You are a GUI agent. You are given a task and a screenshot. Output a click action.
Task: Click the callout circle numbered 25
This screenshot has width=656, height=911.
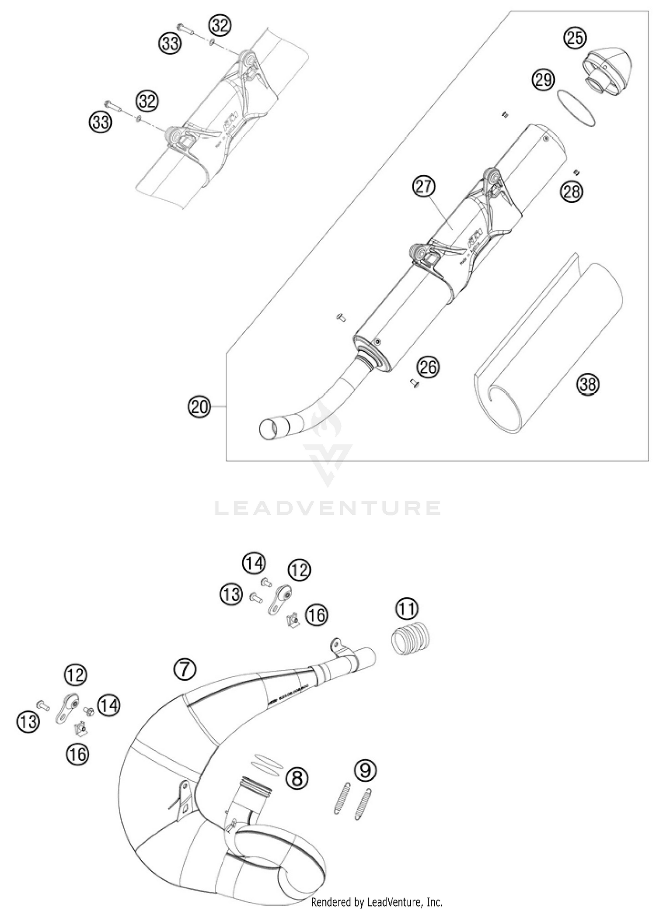575,38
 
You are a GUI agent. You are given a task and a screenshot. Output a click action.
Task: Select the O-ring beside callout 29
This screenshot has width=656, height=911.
576,107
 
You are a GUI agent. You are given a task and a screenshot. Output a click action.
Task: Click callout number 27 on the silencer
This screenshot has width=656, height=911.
424,187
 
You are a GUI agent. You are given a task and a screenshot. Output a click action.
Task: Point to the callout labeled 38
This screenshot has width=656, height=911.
587,384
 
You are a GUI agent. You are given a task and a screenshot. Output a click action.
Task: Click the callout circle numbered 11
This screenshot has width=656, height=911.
407,609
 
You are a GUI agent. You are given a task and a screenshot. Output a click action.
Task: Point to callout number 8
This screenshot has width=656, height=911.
297,778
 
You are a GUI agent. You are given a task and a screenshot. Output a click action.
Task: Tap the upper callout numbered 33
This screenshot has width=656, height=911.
169,43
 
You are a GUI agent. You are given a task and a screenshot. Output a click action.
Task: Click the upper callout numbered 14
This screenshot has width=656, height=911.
254,564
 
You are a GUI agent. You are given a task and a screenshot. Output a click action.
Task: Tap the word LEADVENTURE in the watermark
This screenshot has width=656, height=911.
327,508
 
